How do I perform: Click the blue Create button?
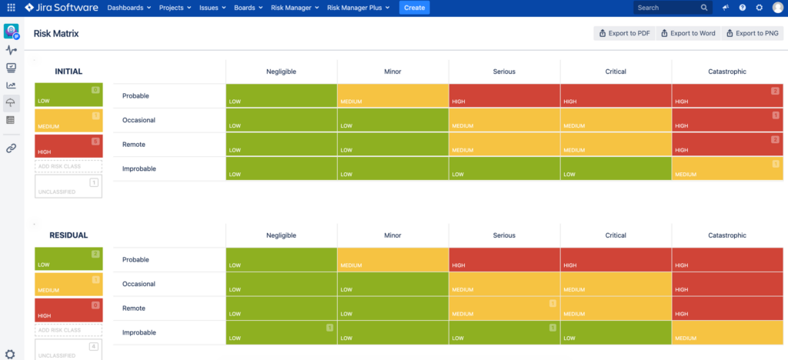(414, 8)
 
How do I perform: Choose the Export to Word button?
(688, 34)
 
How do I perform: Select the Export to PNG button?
(753, 34)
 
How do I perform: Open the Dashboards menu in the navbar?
(129, 8)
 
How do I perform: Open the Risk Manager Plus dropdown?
(358, 8)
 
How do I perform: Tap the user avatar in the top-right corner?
(777, 8)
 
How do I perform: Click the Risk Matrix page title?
(56, 35)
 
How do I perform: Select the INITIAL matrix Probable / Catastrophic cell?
(726, 96)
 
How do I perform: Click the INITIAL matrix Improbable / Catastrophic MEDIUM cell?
(726, 168)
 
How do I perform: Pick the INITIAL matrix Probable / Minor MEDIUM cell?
(392, 96)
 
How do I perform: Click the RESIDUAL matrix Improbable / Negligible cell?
(281, 332)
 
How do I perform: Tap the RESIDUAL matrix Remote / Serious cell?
(504, 308)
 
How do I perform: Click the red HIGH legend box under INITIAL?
(68, 146)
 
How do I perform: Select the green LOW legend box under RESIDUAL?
(68, 259)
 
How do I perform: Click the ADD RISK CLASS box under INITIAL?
(68, 166)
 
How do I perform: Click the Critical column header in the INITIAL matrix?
(616, 72)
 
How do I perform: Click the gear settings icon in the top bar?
(760, 8)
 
